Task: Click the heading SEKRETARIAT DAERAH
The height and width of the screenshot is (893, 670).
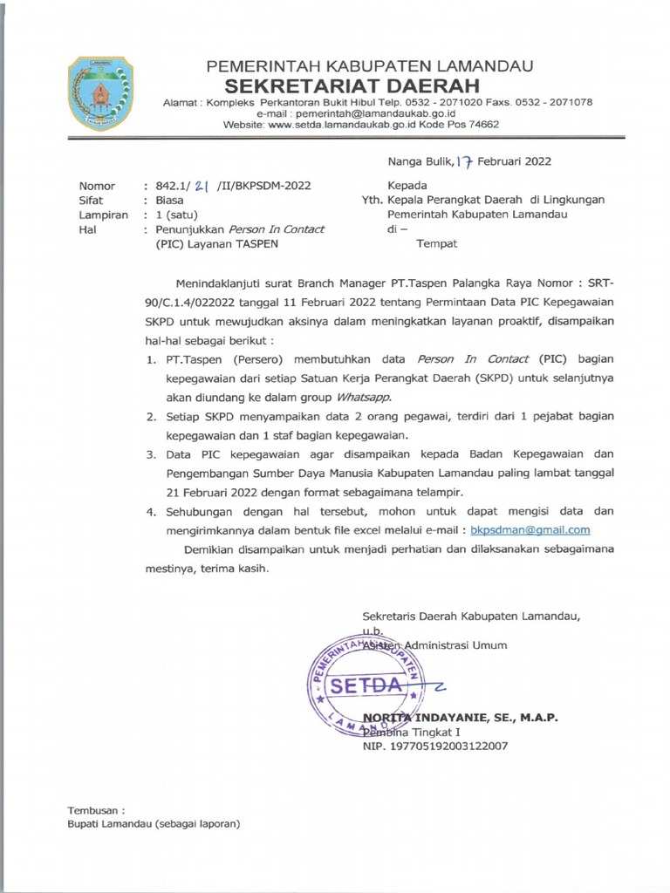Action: pyautogui.click(x=352, y=85)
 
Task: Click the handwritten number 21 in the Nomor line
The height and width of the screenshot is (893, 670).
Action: pyautogui.click(x=202, y=186)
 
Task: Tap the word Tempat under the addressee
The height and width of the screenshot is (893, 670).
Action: pyautogui.click(x=437, y=243)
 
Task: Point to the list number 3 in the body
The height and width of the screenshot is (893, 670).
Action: pyautogui.click(x=151, y=454)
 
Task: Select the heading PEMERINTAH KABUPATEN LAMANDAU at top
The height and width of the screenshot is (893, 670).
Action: pyautogui.click(x=369, y=66)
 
